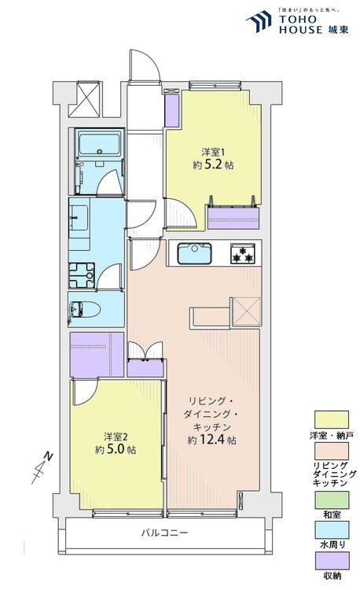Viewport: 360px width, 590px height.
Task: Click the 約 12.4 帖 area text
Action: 211,441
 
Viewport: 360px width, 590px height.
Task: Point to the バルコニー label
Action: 164,533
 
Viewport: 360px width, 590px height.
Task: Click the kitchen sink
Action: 193,254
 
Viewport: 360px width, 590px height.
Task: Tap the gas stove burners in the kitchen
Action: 241,254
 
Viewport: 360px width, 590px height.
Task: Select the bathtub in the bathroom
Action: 98,144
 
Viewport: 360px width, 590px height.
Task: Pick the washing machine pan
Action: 82,275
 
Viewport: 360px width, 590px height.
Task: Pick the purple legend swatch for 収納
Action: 332,561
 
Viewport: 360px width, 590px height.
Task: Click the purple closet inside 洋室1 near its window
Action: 233,216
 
